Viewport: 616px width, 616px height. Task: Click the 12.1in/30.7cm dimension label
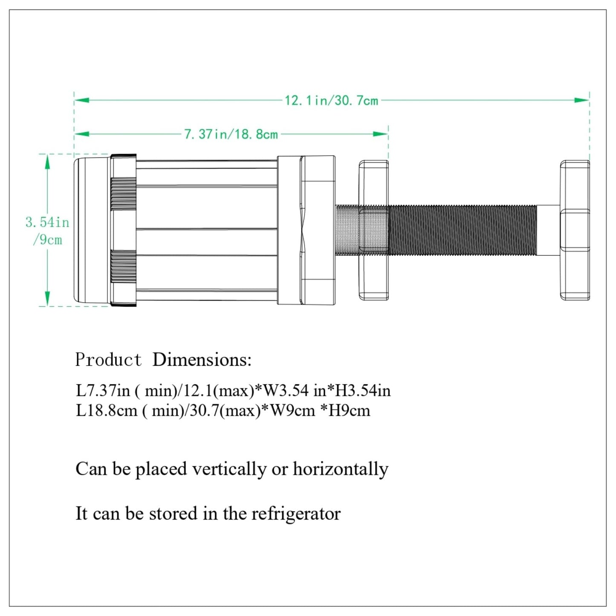[x=332, y=101]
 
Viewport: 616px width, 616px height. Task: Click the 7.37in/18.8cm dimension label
[x=231, y=134]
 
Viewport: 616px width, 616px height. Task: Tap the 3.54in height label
[x=47, y=223]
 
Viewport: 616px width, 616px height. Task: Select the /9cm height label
[x=48, y=240]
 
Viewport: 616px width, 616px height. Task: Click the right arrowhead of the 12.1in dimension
[x=581, y=100]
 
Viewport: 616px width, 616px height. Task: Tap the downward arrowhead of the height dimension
[x=48, y=298]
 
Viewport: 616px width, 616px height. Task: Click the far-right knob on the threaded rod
[x=575, y=230]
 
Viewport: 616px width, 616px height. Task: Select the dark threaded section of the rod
[x=463, y=230]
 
